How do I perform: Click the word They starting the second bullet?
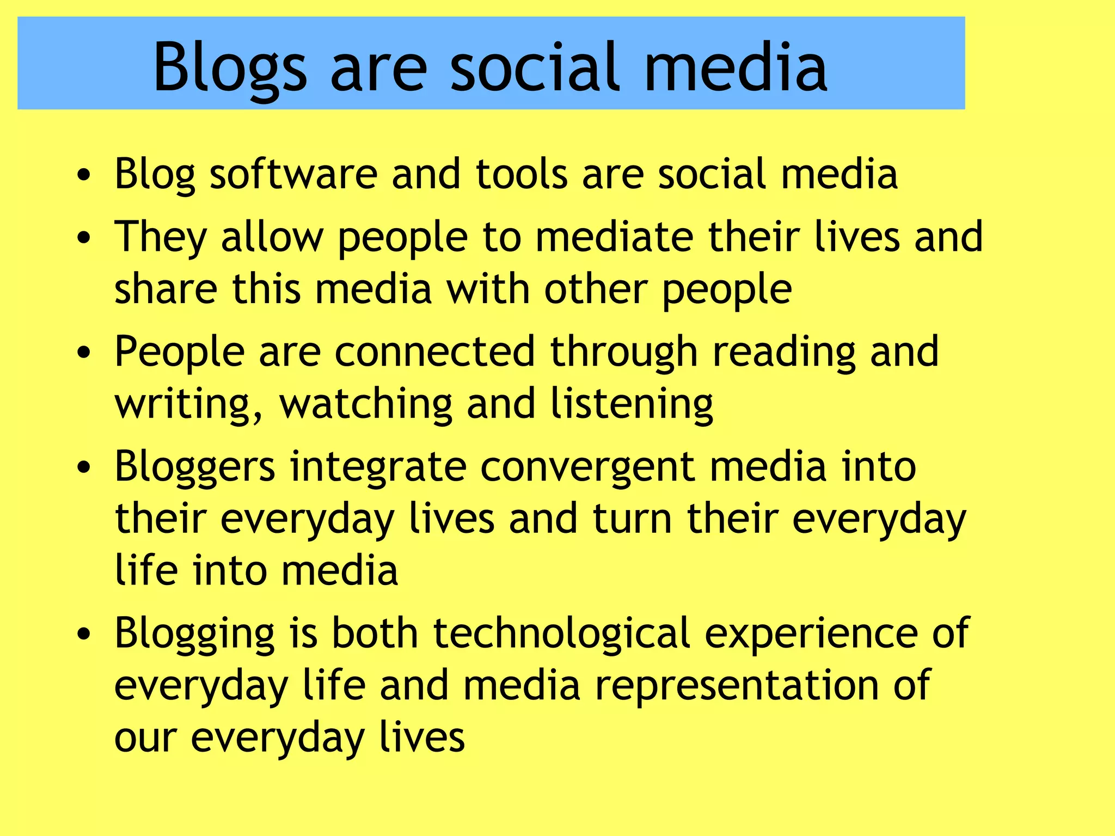pyautogui.click(x=161, y=237)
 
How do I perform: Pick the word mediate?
pyautogui.click(x=614, y=236)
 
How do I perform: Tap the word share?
pyautogui.click(x=166, y=288)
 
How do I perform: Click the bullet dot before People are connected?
pyautogui.click(x=83, y=352)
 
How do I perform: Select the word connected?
pyautogui.click(x=434, y=352)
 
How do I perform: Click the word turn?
pyautogui.click(x=632, y=518)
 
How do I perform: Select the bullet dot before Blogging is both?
pyautogui.click(x=83, y=634)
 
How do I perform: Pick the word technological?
pyautogui.click(x=561, y=634)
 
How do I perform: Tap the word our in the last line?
pyautogui.click(x=145, y=738)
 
